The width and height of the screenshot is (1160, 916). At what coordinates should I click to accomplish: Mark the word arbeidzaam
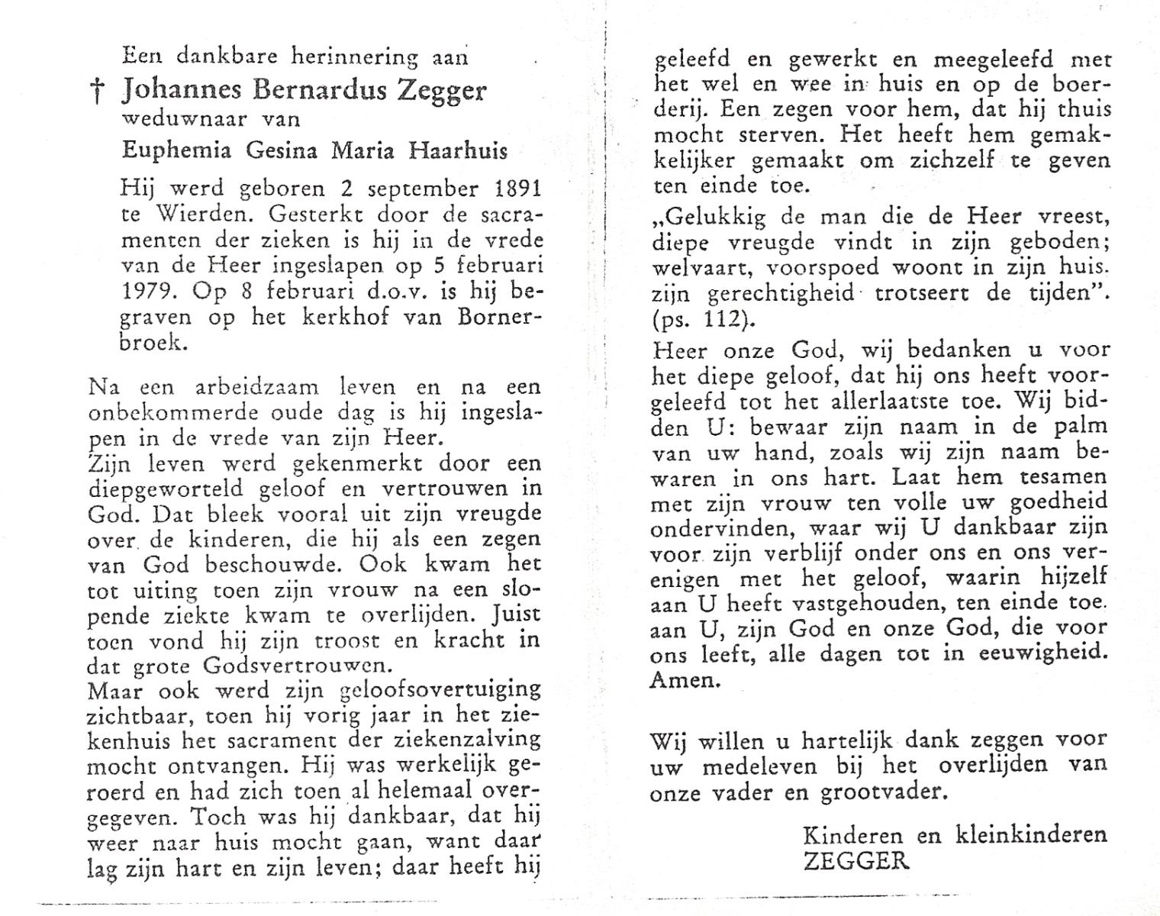point(240,387)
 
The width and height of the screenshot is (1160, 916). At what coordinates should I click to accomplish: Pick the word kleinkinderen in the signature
point(1030,834)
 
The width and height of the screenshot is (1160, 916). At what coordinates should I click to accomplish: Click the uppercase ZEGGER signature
point(856,861)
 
